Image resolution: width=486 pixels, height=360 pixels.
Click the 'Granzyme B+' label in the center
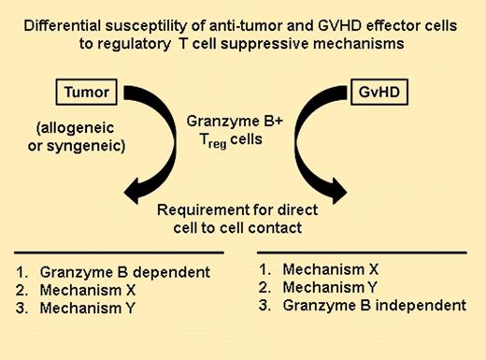click(243, 122)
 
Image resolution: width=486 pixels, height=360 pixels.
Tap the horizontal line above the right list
click(365, 252)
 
